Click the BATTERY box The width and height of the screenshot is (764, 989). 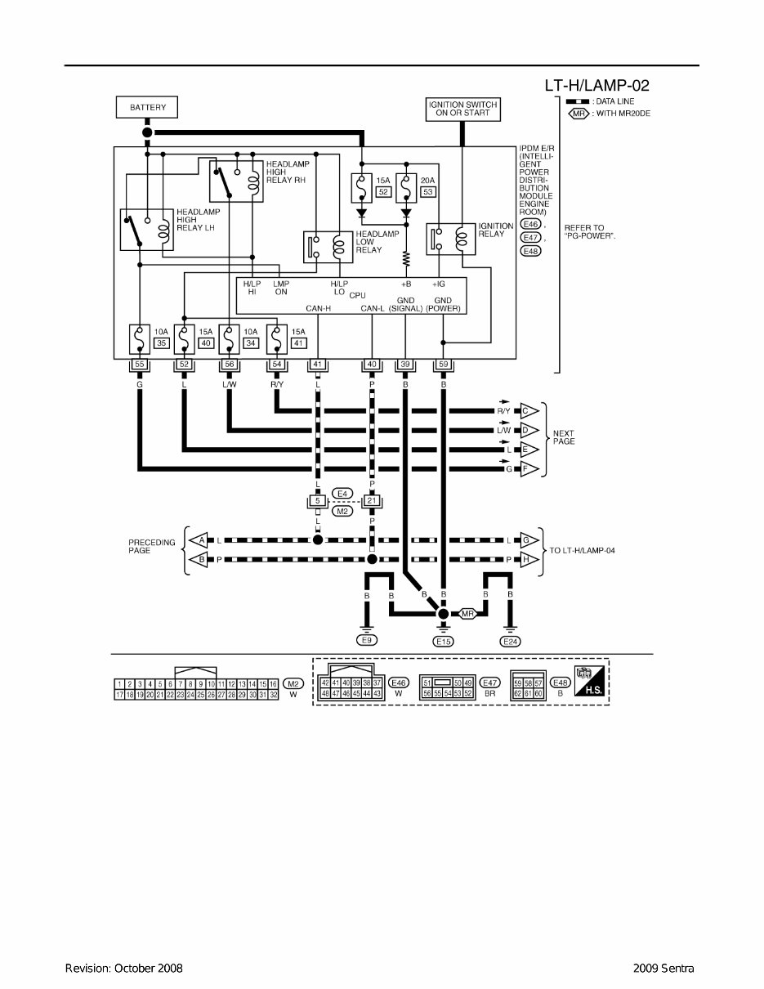pyautogui.click(x=147, y=107)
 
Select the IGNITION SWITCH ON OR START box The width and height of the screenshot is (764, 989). pyautogui.click(x=462, y=109)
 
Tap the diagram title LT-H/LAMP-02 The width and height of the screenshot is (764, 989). pyautogui.click(x=596, y=85)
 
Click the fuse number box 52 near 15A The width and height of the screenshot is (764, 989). pyautogui.click(x=382, y=191)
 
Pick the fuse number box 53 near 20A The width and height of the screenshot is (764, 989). pyautogui.click(x=427, y=191)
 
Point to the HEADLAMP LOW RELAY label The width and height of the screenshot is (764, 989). pyautogui.click(x=378, y=242)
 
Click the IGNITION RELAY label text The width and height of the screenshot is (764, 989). pyautogui.click(x=496, y=230)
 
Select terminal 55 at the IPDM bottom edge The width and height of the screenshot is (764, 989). pyautogui.click(x=140, y=364)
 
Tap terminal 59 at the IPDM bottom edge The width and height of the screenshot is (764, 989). pyautogui.click(x=443, y=364)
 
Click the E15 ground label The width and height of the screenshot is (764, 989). pyautogui.click(x=443, y=642)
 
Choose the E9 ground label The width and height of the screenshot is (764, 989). pyautogui.click(x=367, y=641)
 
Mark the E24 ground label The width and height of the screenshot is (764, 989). pyautogui.click(x=510, y=641)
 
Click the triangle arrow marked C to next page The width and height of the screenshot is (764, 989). pyautogui.click(x=528, y=411)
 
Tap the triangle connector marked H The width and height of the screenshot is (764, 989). pyautogui.click(x=529, y=559)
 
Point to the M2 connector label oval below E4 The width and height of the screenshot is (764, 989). pyautogui.click(x=343, y=511)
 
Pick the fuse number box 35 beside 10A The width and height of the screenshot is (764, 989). pyautogui.click(x=161, y=343)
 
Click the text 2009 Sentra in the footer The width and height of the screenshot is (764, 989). pyautogui.click(x=663, y=969)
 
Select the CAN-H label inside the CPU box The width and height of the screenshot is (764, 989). pyautogui.click(x=317, y=309)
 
